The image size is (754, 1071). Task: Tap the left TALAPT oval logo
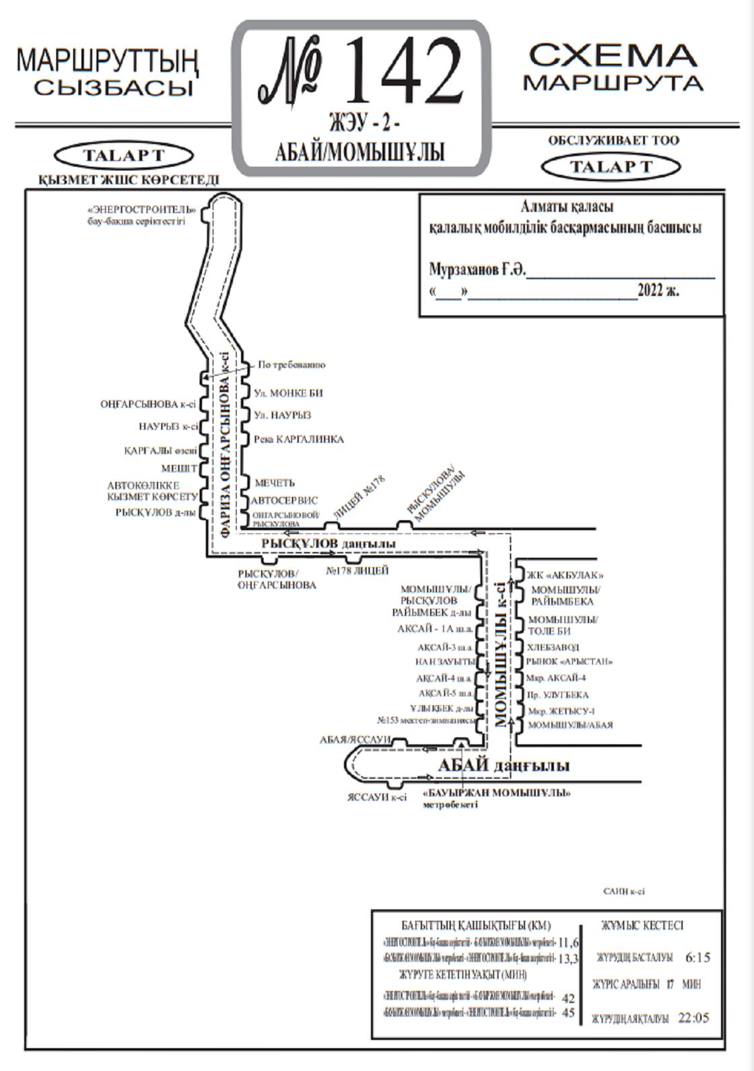(x=123, y=155)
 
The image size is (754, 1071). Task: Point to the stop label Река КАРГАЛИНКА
(x=299, y=439)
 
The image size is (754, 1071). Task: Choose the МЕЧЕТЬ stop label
(x=274, y=482)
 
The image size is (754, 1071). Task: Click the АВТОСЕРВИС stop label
(x=284, y=501)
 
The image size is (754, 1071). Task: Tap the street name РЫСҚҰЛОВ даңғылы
(x=328, y=543)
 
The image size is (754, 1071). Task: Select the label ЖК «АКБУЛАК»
(x=565, y=575)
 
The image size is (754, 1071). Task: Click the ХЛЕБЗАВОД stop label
(x=553, y=647)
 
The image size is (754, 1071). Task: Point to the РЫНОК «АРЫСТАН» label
(x=570, y=661)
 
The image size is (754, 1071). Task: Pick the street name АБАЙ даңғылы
(x=504, y=766)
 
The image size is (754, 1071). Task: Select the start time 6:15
(x=697, y=957)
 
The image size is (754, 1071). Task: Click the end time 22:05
(x=693, y=1018)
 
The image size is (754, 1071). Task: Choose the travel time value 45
(x=568, y=1012)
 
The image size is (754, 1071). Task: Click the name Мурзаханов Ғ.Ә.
(x=477, y=270)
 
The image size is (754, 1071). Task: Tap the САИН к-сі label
(x=623, y=891)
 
